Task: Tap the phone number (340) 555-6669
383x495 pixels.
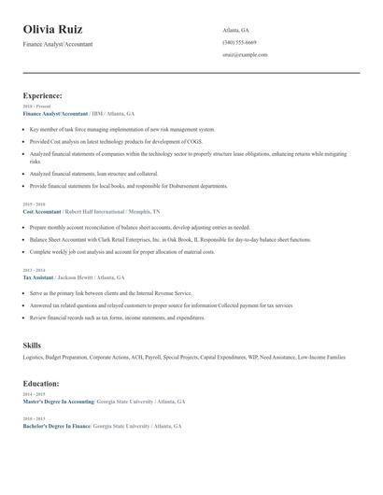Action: [239, 42]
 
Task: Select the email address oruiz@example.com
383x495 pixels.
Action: [245, 55]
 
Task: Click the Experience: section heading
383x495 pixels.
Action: [43, 96]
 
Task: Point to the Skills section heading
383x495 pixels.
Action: [33, 346]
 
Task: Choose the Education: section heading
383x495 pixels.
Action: [41, 383]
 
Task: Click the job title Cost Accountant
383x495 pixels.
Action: [40, 211]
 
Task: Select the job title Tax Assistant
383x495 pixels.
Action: [37, 277]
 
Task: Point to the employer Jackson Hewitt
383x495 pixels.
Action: [78, 277]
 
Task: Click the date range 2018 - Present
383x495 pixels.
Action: [36, 106]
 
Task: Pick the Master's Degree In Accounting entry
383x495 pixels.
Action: [58, 401]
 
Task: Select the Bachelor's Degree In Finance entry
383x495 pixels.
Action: [56, 426]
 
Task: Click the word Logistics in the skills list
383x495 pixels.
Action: [33, 358]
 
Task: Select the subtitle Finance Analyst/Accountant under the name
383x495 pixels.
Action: [58, 44]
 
